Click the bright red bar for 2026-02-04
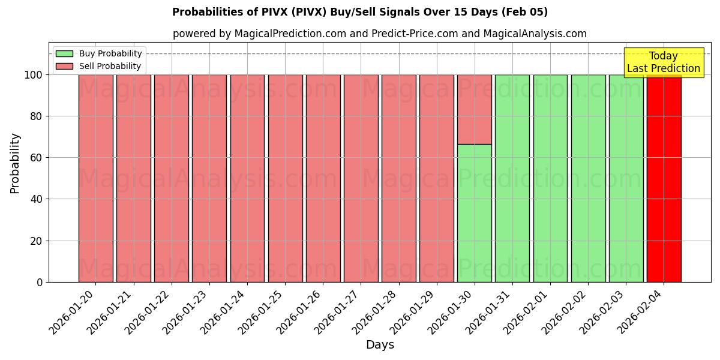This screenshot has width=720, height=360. (664, 180)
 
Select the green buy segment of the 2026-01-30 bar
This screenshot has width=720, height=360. (475, 213)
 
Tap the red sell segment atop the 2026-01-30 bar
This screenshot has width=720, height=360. (475, 109)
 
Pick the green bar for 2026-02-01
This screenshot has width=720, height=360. (550, 180)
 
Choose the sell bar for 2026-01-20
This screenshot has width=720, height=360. (95, 180)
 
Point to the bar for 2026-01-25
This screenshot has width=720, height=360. (285, 180)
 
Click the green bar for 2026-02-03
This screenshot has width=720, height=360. (626, 180)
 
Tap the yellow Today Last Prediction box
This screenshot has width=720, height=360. (663, 62)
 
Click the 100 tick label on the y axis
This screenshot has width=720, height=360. (34, 75)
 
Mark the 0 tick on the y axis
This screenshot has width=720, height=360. (40, 282)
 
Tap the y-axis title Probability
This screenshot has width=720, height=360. (15, 163)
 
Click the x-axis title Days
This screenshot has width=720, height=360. (380, 345)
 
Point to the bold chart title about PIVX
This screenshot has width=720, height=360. (360, 12)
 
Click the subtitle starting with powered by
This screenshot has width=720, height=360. (380, 34)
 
